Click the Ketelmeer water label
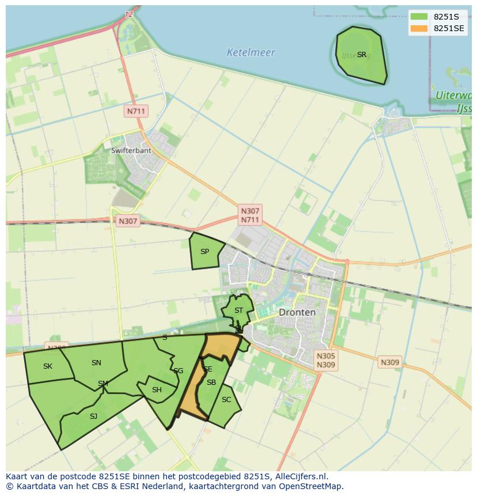tap(251, 52)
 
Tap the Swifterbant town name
tap(131, 150)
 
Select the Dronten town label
tap(297, 312)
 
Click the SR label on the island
tap(361, 55)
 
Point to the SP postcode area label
tap(205, 252)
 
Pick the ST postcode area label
tap(238, 311)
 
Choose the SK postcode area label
tap(48, 366)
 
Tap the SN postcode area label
tap(96, 363)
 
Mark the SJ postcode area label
tap(93, 416)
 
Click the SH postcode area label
tap(157, 390)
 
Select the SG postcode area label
tap(178, 371)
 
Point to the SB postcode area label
tap(211, 383)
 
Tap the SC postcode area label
tap(226, 400)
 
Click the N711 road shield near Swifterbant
tap(136, 111)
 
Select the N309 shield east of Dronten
tap(389, 362)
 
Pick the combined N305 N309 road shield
tap(325, 360)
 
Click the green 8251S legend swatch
tap(419, 17)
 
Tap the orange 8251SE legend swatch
tap(419, 28)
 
